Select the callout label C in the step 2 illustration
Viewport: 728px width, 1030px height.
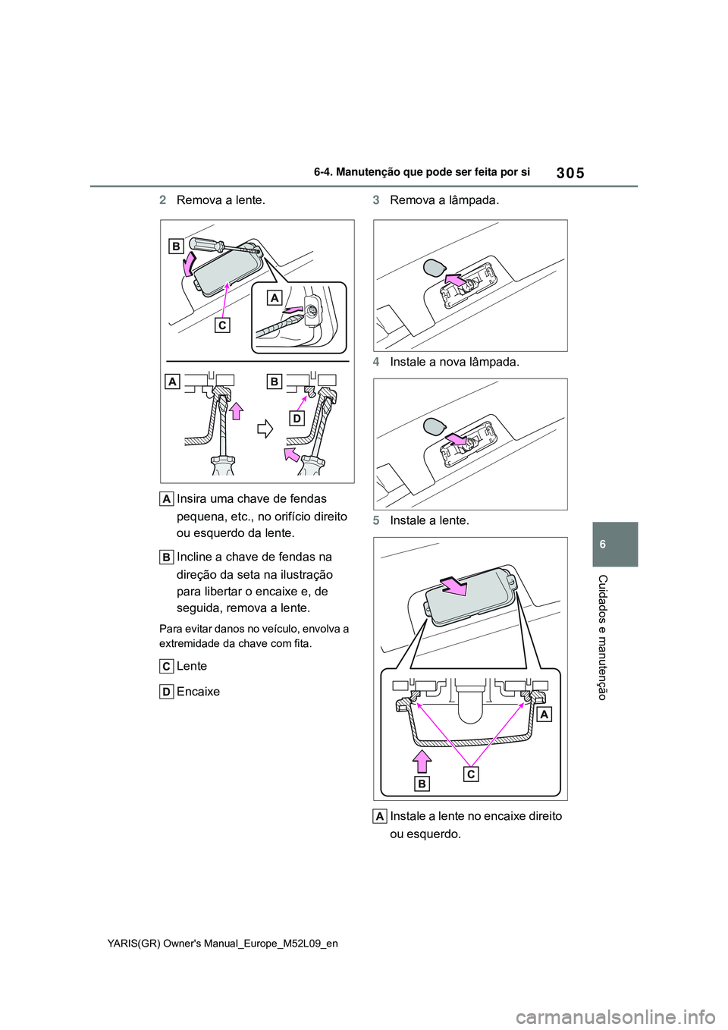(221, 325)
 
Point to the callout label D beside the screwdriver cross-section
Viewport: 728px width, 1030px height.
(296, 418)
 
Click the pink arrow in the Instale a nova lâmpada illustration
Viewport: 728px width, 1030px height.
(456, 439)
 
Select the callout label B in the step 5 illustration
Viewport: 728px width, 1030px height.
(422, 783)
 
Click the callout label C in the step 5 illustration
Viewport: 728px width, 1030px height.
(472, 774)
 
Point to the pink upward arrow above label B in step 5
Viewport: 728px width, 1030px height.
(422, 760)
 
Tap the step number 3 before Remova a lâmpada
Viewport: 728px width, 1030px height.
(376, 200)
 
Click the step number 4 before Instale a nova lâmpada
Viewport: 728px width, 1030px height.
(376, 362)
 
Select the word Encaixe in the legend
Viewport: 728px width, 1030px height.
(198, 692)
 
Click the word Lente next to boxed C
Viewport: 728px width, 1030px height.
(192, 666)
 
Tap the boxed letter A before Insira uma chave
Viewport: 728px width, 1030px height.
(166, 498)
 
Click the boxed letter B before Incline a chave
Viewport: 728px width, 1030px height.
(166, 557)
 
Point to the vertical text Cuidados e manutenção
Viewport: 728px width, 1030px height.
(603, 637)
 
